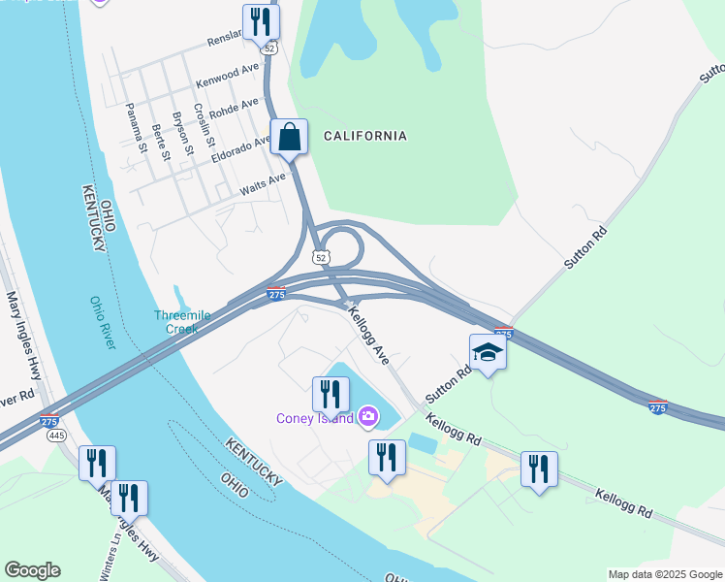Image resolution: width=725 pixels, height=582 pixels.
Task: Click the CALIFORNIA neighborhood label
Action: tap(364, 136)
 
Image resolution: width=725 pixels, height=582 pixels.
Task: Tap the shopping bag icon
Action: tap(290, 137)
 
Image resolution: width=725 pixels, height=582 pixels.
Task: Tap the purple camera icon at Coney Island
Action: tap(367, 417)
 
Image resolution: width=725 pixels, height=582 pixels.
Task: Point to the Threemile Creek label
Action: tap(175, 322)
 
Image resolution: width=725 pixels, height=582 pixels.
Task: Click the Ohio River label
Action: tap(104, 322)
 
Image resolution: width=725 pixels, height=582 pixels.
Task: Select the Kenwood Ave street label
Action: tap(228, 75)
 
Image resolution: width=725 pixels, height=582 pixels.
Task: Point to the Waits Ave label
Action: tap(263, 181)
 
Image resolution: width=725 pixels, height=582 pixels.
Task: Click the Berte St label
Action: tap(161, 142)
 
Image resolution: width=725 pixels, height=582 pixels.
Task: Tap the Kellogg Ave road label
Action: tap(368, 337)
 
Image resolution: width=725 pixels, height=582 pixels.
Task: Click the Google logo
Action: tap(32, 570)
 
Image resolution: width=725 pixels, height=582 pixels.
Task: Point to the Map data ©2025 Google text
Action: tap(664, 574)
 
